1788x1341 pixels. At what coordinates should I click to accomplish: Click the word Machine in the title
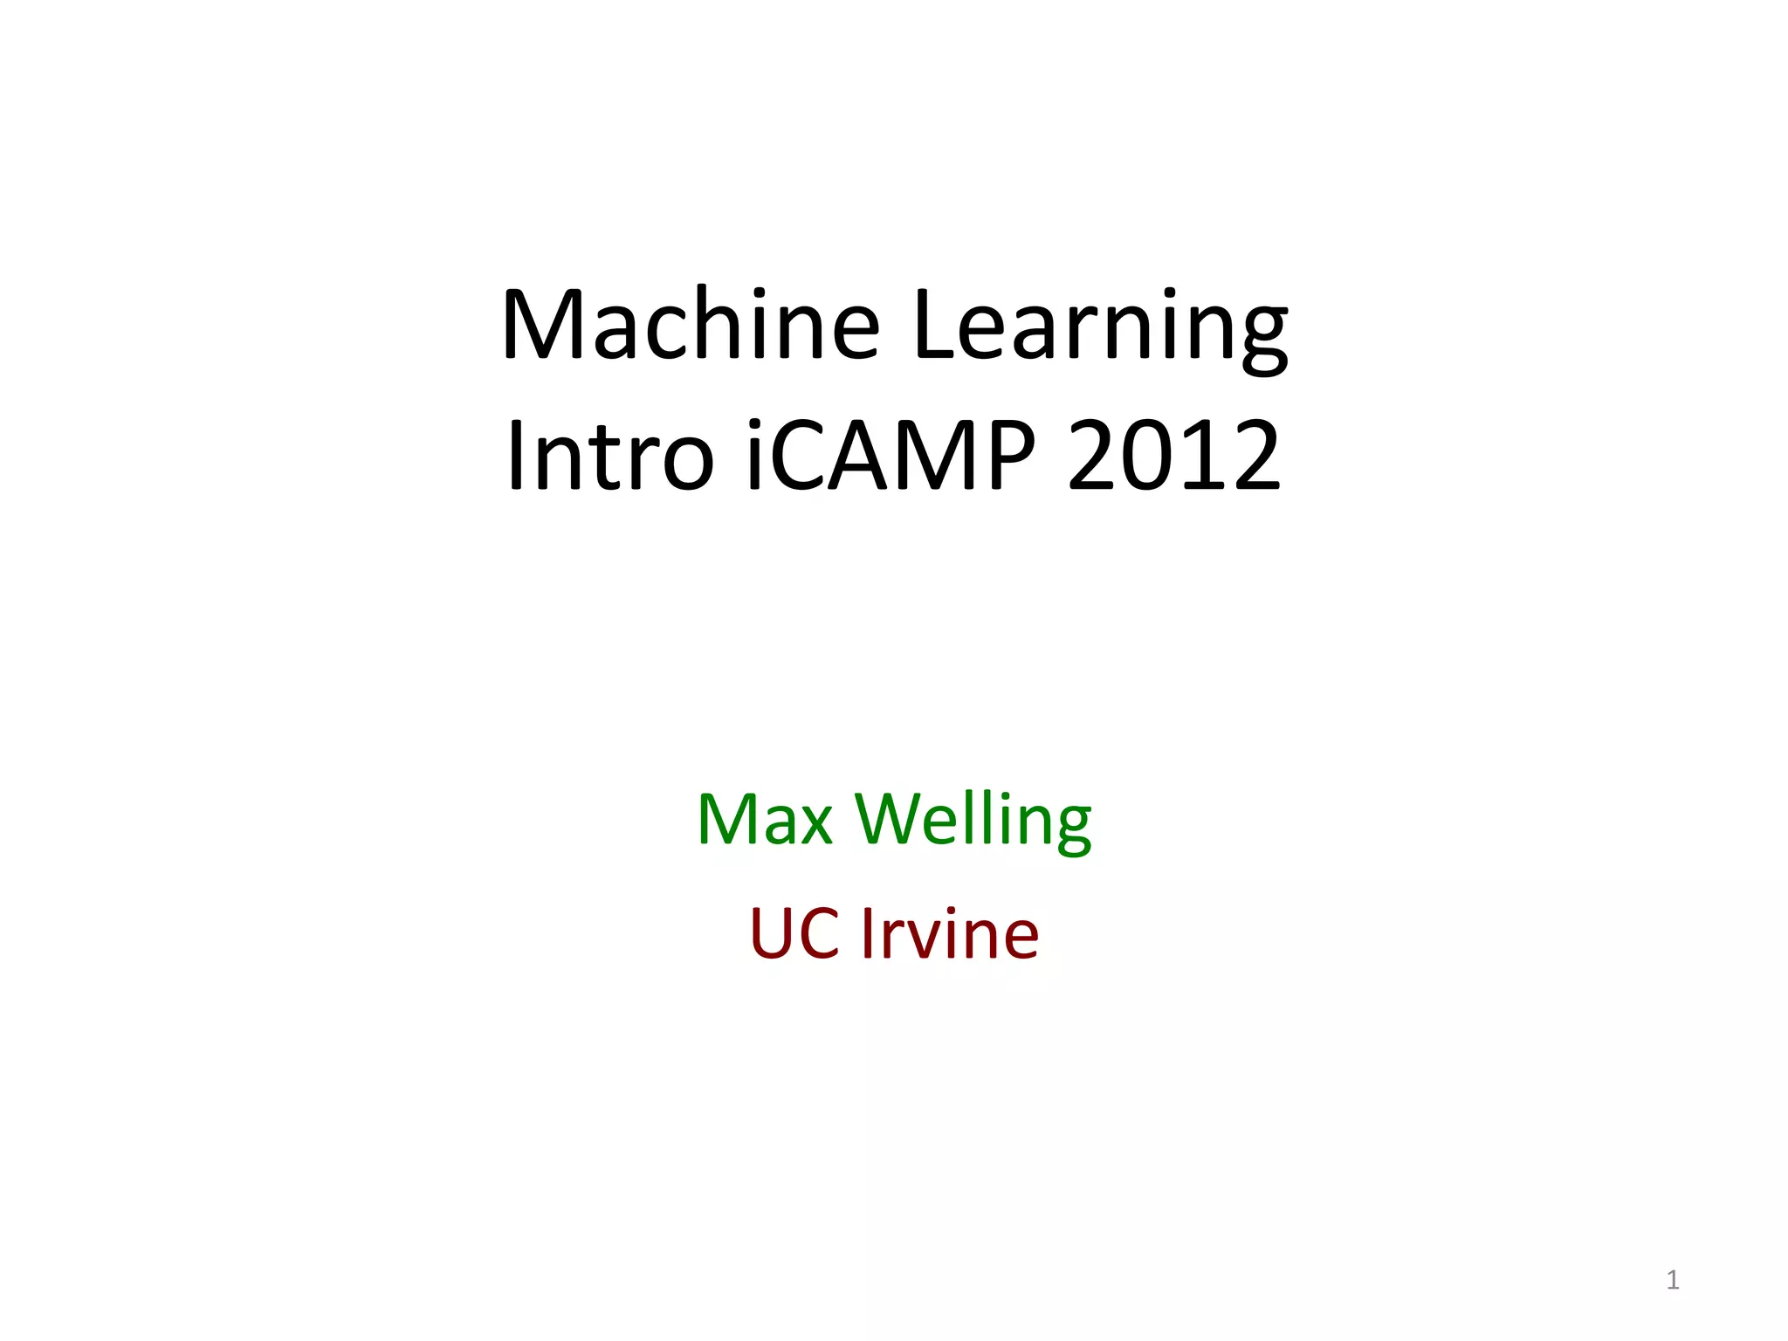click(x=691, y=325)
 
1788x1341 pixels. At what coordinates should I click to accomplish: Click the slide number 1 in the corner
click(x=1672, y=1280)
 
